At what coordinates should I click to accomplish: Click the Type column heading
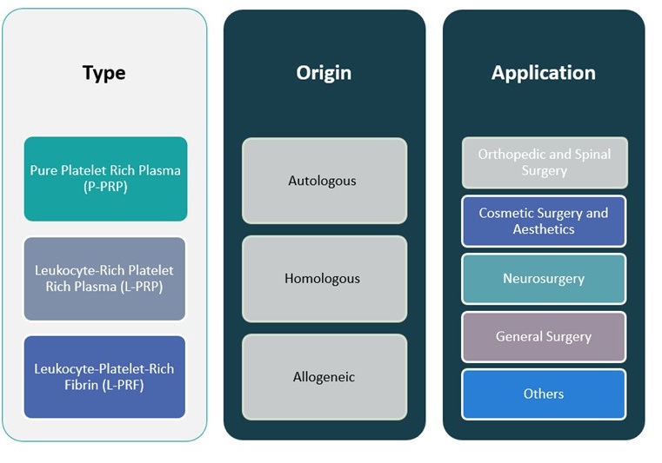click(104, 72)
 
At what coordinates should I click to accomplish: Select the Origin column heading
click(324, 72)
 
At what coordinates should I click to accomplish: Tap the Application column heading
click(543, 72)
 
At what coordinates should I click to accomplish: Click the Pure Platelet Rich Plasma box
click(105, 179)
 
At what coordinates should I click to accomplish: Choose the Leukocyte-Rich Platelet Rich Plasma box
click(105, 278)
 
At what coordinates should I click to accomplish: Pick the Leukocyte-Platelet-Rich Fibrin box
click(105, 377)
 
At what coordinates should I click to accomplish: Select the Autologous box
click(324, 181)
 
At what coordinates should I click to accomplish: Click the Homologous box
click(324, 279)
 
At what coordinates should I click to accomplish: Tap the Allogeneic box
click(324, 377)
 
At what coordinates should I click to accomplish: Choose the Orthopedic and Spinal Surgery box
click(544, 162)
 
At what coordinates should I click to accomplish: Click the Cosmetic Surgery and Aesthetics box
click(544, 221)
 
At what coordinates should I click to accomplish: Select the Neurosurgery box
click(544, 279)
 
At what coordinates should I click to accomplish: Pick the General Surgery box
click(544, 336)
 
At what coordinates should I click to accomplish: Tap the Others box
click(544, 394)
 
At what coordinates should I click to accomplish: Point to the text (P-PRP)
click(105, 188)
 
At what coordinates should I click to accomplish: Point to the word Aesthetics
click(544, 229)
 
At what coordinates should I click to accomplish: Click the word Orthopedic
click(512, 154)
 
